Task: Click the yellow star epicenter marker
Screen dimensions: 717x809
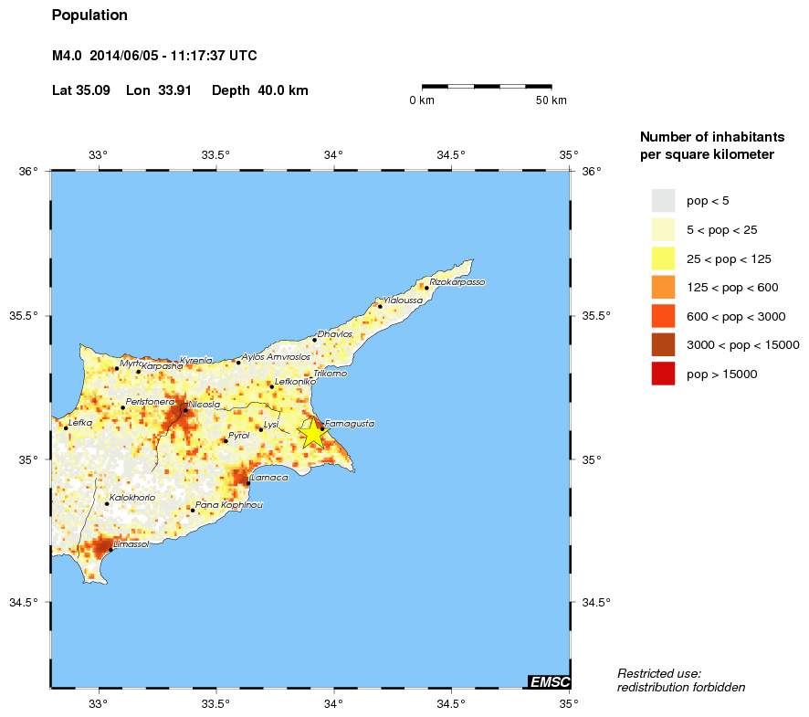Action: pyautogui.click(x=312, y=433)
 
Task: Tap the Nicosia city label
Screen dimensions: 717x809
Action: pyautogui.click(x=204, y=404)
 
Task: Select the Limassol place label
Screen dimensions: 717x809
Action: pyautogui.click(x=130, y=544)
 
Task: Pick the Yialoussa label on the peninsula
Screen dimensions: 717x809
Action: pyautogui.click(x=403, y=300)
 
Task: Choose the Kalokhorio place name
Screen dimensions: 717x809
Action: pyautogui.click(x=132, y=498)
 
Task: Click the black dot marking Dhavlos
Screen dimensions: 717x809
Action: pyautogui.click(x=314, y=340)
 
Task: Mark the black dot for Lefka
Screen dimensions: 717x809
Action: pyautogui.click(x=66, y=427)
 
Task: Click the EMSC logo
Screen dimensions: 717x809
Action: pyautogui.click(x=550, y=681)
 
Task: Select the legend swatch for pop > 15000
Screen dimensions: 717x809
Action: pyautogui.click(x=663, y=374)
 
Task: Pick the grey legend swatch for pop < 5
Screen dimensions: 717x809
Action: pyautogui.click(x=663, y=200)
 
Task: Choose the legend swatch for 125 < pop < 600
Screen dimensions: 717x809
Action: pyautogui.click(x=663, y=287)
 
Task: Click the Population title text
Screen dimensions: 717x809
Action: pyautogui.click(x=89, y=16)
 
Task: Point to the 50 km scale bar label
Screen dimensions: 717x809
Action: pyautogui.click(x=551, y=100)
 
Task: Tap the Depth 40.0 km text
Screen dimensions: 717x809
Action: pyautogui.click(x=260, y=90)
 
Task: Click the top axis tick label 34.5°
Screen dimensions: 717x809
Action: pyautogui.click(x=451, y=154)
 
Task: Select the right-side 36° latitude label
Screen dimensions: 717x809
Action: pyautogui.click(x=591, y=171)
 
